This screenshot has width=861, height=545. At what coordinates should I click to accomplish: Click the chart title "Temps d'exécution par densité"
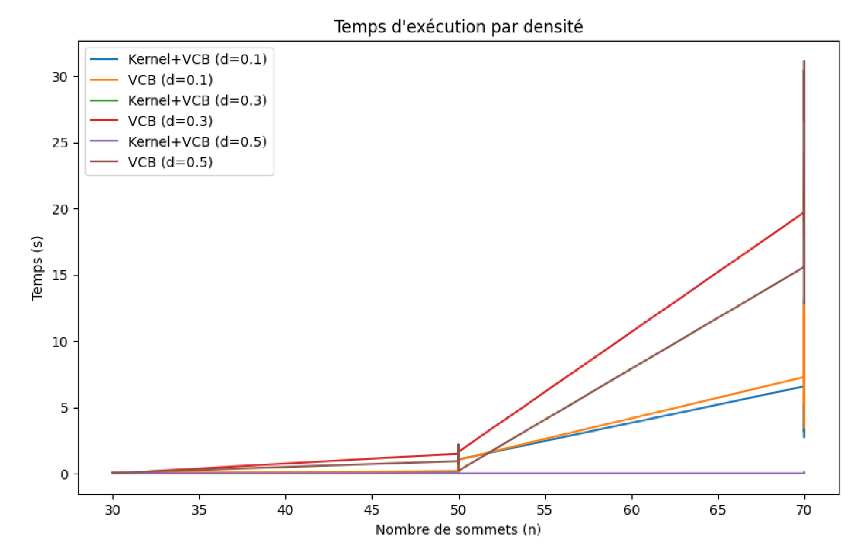click(458, 27)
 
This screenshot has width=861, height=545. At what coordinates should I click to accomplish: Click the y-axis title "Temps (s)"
click(37, 267)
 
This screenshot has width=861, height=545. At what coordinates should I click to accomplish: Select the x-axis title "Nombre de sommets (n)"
click(458, 529)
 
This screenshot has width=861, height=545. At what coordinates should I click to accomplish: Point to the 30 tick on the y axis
click(60, 77)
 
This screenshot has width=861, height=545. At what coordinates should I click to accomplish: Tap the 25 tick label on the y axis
click(60, 143)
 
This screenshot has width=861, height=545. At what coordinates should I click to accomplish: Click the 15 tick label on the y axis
click(60, 275)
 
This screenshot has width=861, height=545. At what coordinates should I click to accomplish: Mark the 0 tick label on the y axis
click(65, 474)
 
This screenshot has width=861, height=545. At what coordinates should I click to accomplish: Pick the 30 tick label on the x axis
click(113, 510)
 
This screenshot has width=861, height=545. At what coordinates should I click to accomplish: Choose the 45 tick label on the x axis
click(372, 510)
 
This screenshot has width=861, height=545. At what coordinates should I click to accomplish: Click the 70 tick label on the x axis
click(804, 510)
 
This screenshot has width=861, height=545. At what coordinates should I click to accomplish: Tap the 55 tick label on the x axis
click(544, 510)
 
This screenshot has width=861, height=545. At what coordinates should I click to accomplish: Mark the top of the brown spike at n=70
click(804, 61)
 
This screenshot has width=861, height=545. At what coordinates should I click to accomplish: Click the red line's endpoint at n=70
click(803, 213)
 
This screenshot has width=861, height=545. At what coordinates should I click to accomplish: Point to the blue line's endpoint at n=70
click(803, 386)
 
